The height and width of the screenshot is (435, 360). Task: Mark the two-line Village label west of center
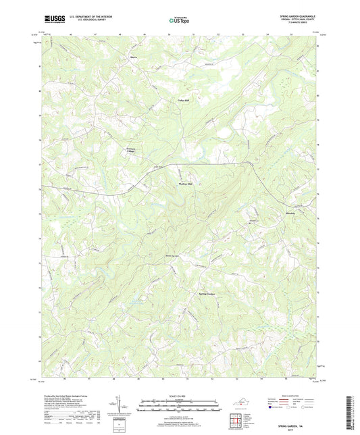[x=126, y=150]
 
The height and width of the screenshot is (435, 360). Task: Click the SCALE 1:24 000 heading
[x=179, y=396]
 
